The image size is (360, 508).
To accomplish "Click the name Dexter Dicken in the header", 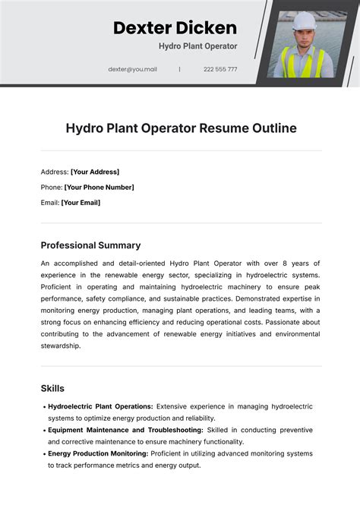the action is [x=175, y=28].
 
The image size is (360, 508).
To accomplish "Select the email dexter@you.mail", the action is [x=132, y=69].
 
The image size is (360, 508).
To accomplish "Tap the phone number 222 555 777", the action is [x=220, y=69].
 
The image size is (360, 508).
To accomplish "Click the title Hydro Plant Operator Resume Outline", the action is [x=180, y=128].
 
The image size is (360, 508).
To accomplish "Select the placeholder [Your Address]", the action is [x=95, y=172].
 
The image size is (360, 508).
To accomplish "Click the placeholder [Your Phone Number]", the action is [x=99, y=187].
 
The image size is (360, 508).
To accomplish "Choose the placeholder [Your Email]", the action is [x=81, y=203].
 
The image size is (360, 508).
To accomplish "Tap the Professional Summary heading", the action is [x=90, y=245].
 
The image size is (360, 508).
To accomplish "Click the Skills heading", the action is [x=52, y=388].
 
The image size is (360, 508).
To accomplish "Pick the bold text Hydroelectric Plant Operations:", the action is [x=100, y=406].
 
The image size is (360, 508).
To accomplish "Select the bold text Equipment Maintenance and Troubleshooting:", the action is [x=126, y=430].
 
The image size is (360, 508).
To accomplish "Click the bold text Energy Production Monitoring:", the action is [x=98, y=453].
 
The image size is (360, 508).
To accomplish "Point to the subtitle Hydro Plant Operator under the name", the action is [x=197, y=46].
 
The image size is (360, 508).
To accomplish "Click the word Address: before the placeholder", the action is [x=55, y=172].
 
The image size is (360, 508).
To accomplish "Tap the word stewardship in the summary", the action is [x=61, y=346].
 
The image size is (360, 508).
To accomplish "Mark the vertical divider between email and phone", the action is [x=180, y=69].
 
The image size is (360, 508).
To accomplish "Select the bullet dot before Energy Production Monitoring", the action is [x=43, y=454].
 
